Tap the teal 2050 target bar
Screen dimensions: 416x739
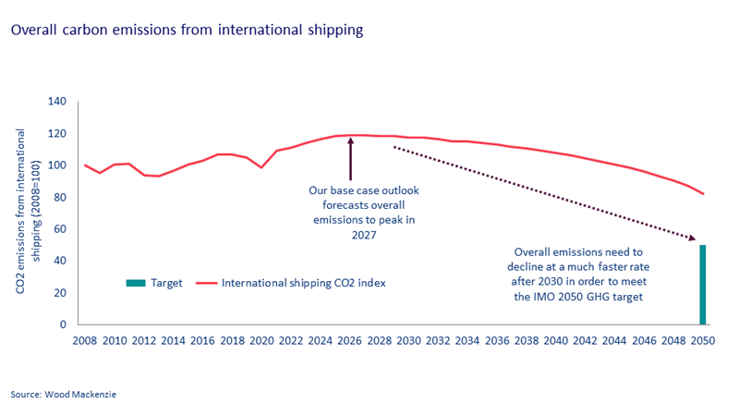pos(702,285)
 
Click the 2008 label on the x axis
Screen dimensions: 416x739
pos(85,341)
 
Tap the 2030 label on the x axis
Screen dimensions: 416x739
pos(408,341)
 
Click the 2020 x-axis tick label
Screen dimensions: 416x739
pos(261,341)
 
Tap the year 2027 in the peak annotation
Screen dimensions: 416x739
pos(363,235)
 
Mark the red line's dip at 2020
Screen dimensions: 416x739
pos(261,167)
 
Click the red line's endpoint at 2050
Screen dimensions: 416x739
pos(703,194)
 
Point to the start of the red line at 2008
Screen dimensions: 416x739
pos(85,165)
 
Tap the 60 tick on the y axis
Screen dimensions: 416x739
pos(62,229)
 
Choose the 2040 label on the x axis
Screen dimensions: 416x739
pos(555,341)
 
